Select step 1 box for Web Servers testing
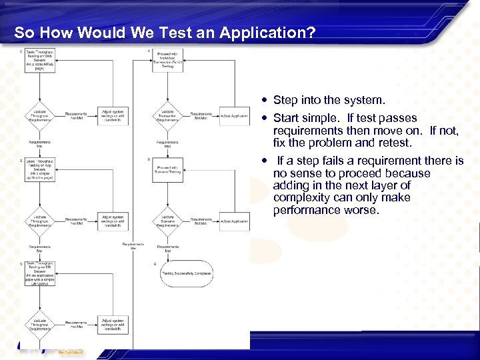[x=40, y=60]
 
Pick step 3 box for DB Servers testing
[x=40, y=273]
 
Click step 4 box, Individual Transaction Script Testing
[x=167, y=60]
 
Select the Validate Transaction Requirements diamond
[x=167, y=115]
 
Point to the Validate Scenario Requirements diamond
[x=167, y=222]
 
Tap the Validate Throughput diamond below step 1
[x=39, y=115]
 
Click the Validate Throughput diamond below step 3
[x=39, y=324]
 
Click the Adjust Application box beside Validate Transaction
[x=235, y=115]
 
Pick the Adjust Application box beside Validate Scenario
[x=235, y=221]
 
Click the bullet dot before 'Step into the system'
[x=265, y=101]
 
